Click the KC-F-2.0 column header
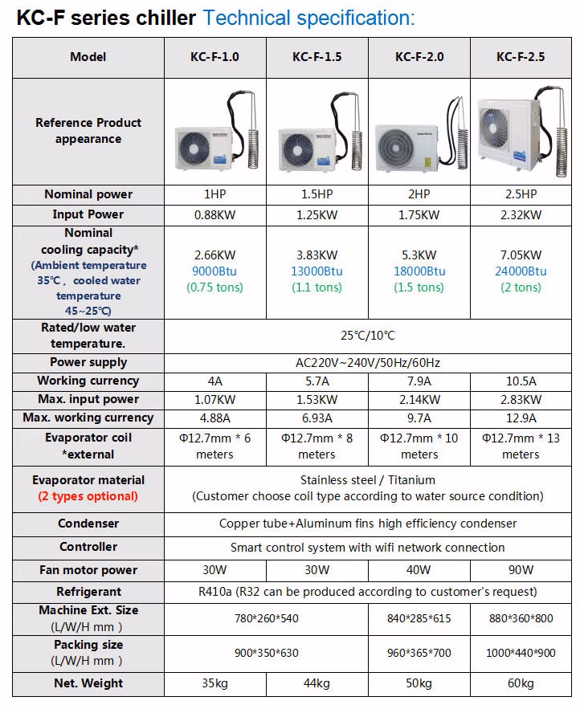(419, 57)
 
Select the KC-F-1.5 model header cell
(317, 57)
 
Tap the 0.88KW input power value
(214, 214)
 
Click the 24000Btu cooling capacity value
(521, 271)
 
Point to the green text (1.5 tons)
(419, 287)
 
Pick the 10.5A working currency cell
(521, 381)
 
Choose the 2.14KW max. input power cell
(419, 399)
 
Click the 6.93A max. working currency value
(317, 418)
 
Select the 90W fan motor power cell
(521, 570)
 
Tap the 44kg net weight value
(317, 683)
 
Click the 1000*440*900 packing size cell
(521, 653)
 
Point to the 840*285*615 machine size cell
(419, 618)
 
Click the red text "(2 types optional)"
(88, 496)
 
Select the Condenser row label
(88, 524)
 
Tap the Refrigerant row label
(88, 592)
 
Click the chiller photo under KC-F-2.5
(521, 132)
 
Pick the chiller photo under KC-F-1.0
(214, 137)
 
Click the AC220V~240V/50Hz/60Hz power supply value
(369, 362)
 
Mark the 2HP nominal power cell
(419, 194)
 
